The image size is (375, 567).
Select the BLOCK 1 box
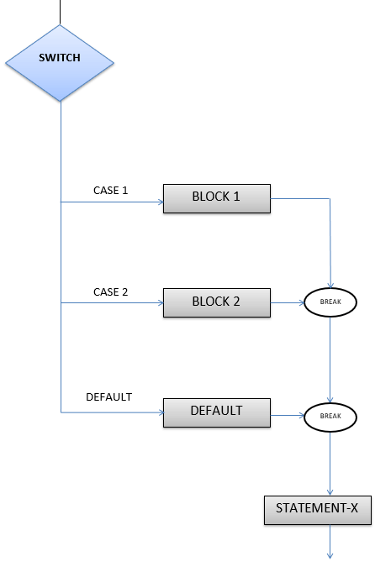click(216, 197)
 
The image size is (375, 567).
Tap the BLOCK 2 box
click(216, 302)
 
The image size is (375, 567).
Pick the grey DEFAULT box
click(216, 412)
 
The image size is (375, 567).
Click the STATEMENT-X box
click(318, 508)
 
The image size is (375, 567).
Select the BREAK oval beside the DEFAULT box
click(330, 416)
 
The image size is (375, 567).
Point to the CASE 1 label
click(110, 191)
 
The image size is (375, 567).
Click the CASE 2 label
click(110, 292)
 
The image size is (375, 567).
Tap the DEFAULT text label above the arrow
click(109, 396)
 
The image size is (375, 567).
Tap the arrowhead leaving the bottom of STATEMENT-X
click(330, 554)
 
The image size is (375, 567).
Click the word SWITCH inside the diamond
click(60, 58)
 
